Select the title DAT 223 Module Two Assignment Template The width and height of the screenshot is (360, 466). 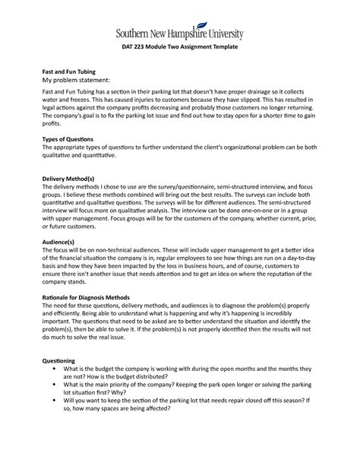click(x=180, y=48)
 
